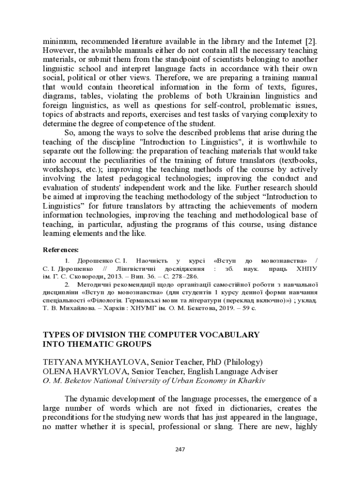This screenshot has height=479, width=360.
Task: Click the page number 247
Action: (x=180, y=450)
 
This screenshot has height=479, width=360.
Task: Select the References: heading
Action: (x=61, y=249)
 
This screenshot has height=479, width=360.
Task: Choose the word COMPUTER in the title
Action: (x=178, y=335)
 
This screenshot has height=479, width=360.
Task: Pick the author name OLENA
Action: (x=58, y=371)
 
